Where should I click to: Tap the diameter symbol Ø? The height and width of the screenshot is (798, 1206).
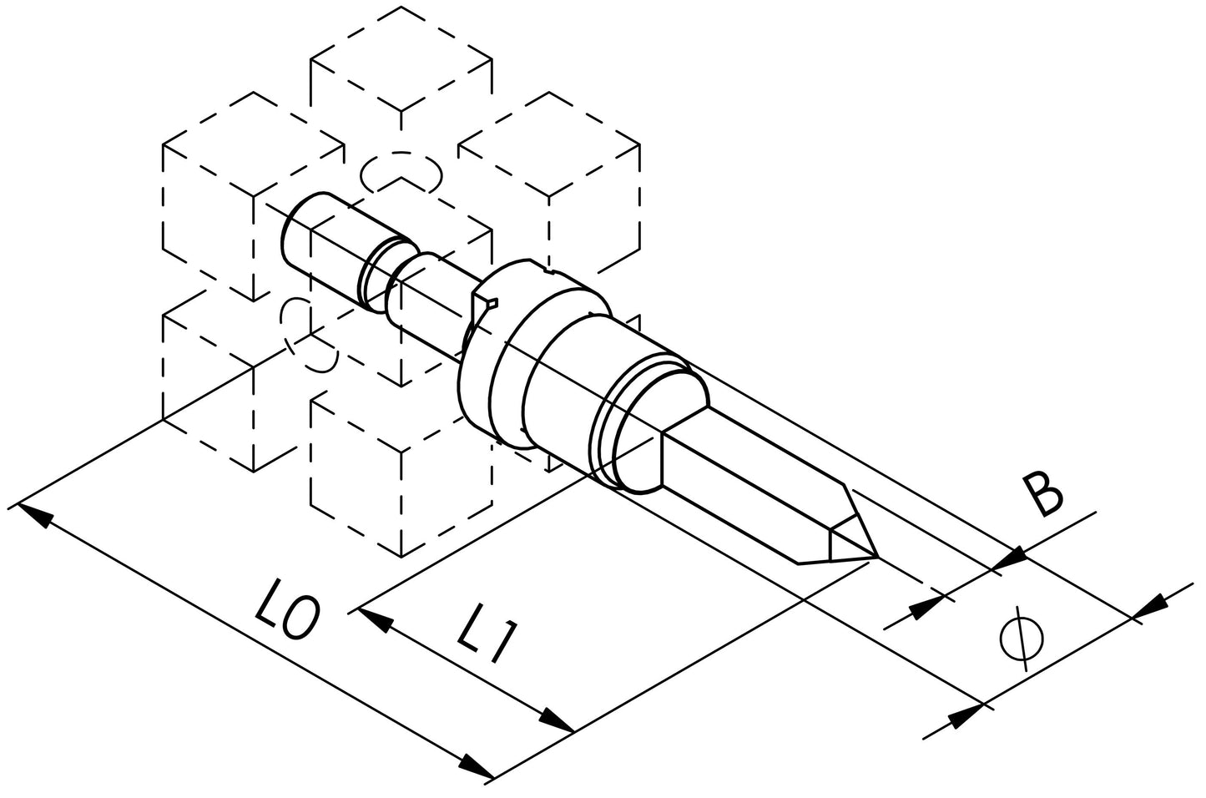tap(1022, 638)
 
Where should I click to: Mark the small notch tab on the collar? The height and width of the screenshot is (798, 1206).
tap(485, 303)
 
